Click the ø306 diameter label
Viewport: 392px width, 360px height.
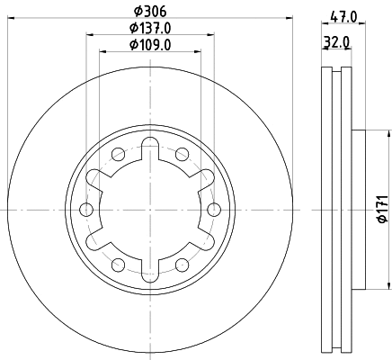tap(150, 12)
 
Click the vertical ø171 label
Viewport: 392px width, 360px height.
tap(381, 209)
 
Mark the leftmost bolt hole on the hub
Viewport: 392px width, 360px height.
tap(87, 210)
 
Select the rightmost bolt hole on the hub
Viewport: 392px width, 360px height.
tap(213, 210)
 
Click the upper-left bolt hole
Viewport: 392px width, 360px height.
tap(119, 154)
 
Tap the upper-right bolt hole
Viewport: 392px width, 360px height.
tap(182, 154)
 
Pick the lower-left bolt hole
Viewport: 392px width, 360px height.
tap(119, 265)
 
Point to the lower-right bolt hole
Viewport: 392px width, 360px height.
tap(182, 265)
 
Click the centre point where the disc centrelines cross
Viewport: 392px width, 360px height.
tap(150, 210)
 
